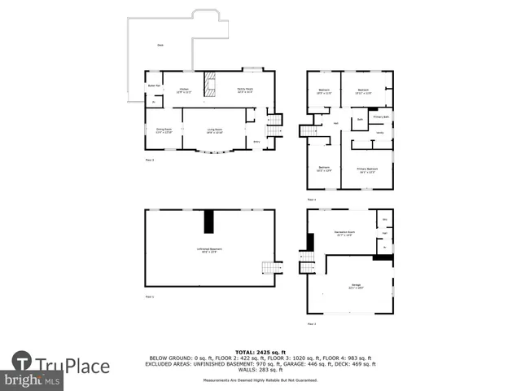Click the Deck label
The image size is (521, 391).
[160, 46]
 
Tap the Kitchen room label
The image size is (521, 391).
[184, 90]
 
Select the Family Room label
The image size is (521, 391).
[243, 90]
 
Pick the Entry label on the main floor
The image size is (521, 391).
[256, 142]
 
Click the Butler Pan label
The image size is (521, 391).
[152, 86]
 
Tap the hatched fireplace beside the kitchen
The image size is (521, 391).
[211, 83]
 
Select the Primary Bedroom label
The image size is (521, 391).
[366, 170]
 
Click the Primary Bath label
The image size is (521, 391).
[380, 117]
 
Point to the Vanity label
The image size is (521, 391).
[379, 132]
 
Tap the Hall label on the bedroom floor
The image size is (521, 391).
[335, 124]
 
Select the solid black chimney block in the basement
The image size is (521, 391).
[208, 221]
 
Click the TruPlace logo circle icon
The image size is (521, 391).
[23, 365]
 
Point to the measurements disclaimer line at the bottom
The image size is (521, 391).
[260, 380]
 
